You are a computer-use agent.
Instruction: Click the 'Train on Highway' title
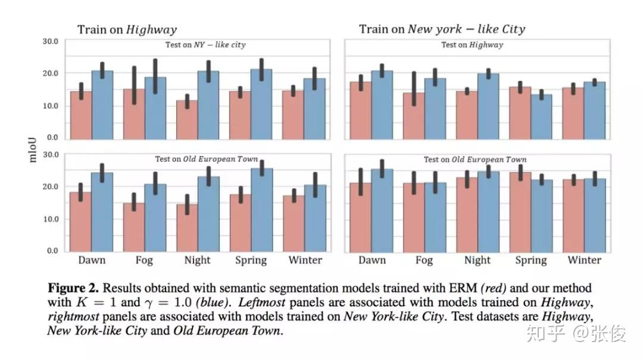127,29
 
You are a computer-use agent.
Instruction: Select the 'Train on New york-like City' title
442,29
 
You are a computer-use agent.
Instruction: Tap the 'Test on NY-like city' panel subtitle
205,45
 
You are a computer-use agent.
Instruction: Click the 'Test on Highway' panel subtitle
472,45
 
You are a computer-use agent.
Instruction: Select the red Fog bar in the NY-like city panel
135,114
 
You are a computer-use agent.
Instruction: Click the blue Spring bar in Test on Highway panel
542,117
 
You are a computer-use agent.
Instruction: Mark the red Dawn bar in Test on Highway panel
361,111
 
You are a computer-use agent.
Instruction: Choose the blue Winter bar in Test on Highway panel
595,111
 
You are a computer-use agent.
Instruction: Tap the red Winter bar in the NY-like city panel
293,115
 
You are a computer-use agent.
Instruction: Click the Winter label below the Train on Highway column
305,260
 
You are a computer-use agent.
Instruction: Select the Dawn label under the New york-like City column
372,260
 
